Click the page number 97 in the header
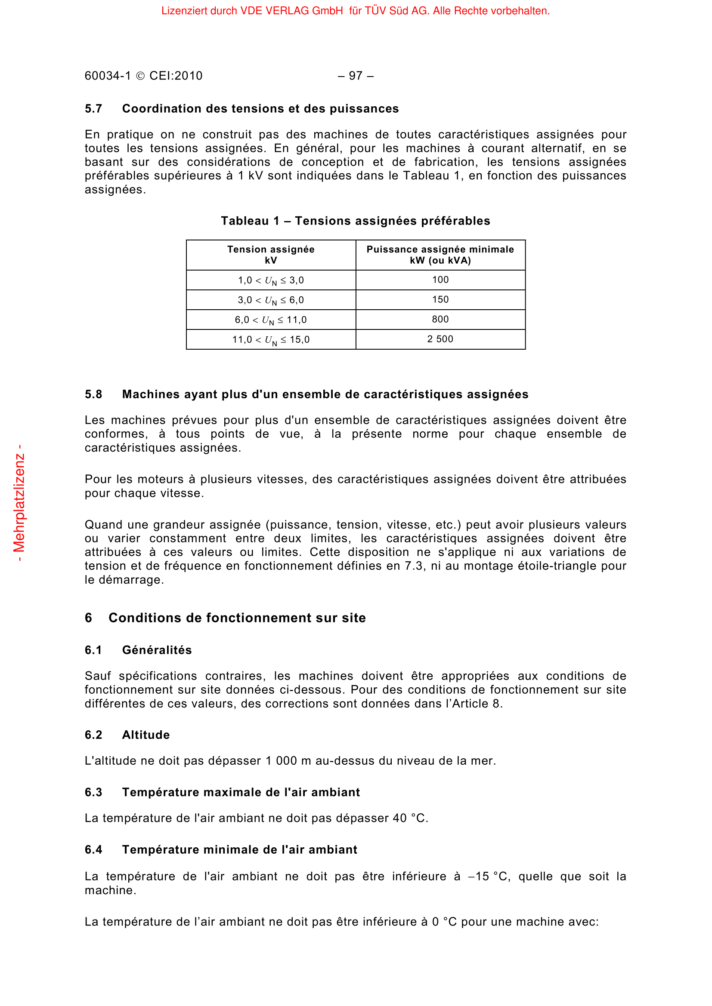[x=356, y=76]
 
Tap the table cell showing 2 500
[x=440, y=339]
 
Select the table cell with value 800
[x=440, y=320]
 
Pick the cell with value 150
[x=440, y=300]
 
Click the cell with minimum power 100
[x=440, y=280]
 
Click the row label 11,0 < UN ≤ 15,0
[x=270, y=340]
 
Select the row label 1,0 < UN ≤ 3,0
[x=270, y=280]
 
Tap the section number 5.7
[x=93, y=109]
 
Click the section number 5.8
[x=93, y=395]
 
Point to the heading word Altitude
[x=145, y=735]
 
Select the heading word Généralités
[x=157, y=650]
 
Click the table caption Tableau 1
[x=250, y=221]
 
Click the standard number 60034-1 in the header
[x=108, y=76]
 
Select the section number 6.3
[x=93, y=793]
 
